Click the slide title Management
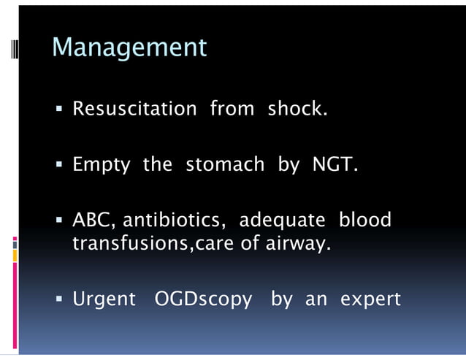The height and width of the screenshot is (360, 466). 130,48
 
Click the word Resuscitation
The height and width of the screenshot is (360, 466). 134,110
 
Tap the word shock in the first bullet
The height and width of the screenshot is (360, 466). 297,110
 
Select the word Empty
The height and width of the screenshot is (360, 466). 101,165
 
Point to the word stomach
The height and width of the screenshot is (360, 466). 225,164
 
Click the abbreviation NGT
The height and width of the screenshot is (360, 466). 335,164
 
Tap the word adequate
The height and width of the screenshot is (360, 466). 284,221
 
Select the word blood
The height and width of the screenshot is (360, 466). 365,220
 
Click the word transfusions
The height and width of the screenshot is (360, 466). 130,243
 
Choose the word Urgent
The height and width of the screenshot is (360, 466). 104,299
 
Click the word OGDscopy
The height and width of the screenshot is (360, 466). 204,300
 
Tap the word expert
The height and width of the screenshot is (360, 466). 370,300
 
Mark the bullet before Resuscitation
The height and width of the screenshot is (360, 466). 60,110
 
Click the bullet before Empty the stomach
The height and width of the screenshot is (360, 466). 60,165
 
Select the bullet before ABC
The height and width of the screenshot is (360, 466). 60,221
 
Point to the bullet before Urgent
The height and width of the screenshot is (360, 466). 60,299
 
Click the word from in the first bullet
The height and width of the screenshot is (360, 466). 232,110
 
